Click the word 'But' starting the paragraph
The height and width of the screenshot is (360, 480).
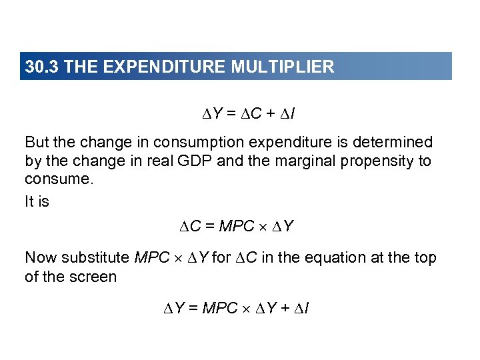point(37,142)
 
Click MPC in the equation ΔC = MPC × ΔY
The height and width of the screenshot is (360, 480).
point(237,227)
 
